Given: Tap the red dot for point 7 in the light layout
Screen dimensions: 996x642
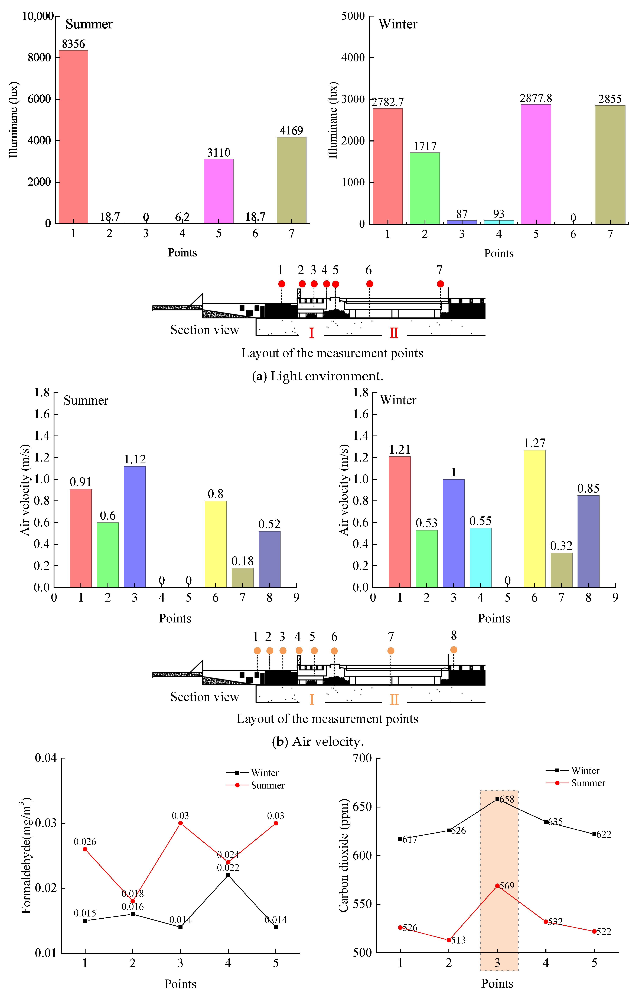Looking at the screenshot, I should tap(440, 284).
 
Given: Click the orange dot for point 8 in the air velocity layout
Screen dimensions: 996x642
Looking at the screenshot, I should tap(454, 650).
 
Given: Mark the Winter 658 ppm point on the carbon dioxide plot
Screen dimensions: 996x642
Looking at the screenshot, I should tap(497, 799).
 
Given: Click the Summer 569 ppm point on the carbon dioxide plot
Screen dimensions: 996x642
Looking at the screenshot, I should tap(497, 886).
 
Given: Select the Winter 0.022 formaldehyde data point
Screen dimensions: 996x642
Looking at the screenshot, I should tap(228, 875).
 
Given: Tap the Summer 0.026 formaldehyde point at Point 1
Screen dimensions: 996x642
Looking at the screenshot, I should tap(85, 849).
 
